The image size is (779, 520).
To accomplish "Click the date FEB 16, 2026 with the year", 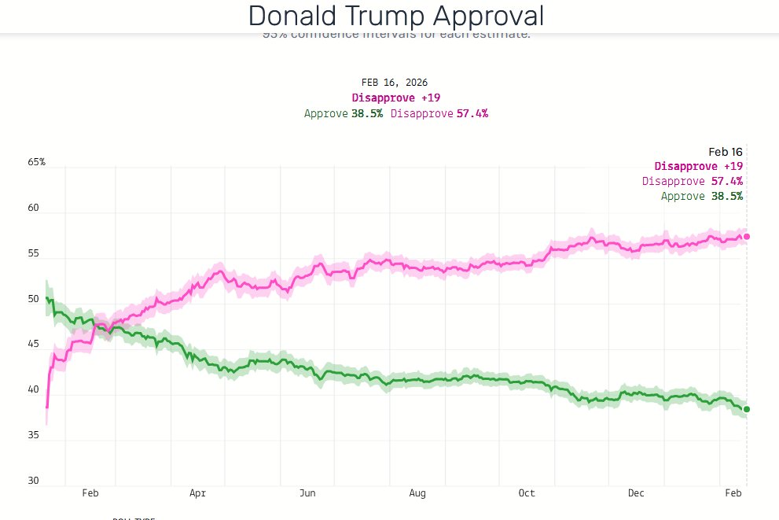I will (x=395, y=83).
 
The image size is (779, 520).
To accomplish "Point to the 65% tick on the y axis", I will (x=37, y=162).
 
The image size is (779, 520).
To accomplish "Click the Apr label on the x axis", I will (x=197, y=494).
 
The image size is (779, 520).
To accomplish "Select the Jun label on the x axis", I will (x=307, y=494).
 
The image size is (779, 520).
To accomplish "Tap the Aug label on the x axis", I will (x=417, y=494).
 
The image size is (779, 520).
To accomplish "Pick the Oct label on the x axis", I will (x=527, y=494).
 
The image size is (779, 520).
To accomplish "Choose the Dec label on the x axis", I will (x=636, y=494).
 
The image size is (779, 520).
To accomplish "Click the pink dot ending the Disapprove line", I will (x=747, y=236).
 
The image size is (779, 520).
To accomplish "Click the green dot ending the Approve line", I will (x=747, y=409).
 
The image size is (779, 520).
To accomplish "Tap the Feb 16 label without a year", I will (x=726, y=152).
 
